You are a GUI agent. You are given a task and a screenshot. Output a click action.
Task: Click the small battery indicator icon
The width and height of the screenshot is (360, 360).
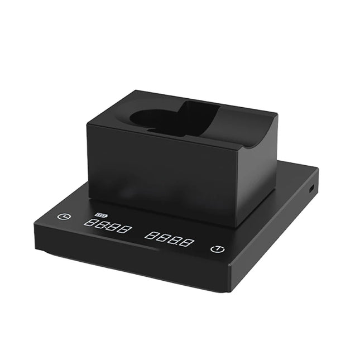101,215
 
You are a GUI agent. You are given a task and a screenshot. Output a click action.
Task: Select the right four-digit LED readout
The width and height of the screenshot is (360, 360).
169,239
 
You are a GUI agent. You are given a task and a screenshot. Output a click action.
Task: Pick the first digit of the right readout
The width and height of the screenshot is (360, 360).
150,235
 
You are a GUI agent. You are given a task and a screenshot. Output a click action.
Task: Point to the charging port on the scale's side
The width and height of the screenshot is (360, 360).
311,188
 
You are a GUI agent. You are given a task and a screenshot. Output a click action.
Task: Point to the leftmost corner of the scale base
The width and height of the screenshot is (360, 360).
35,223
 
